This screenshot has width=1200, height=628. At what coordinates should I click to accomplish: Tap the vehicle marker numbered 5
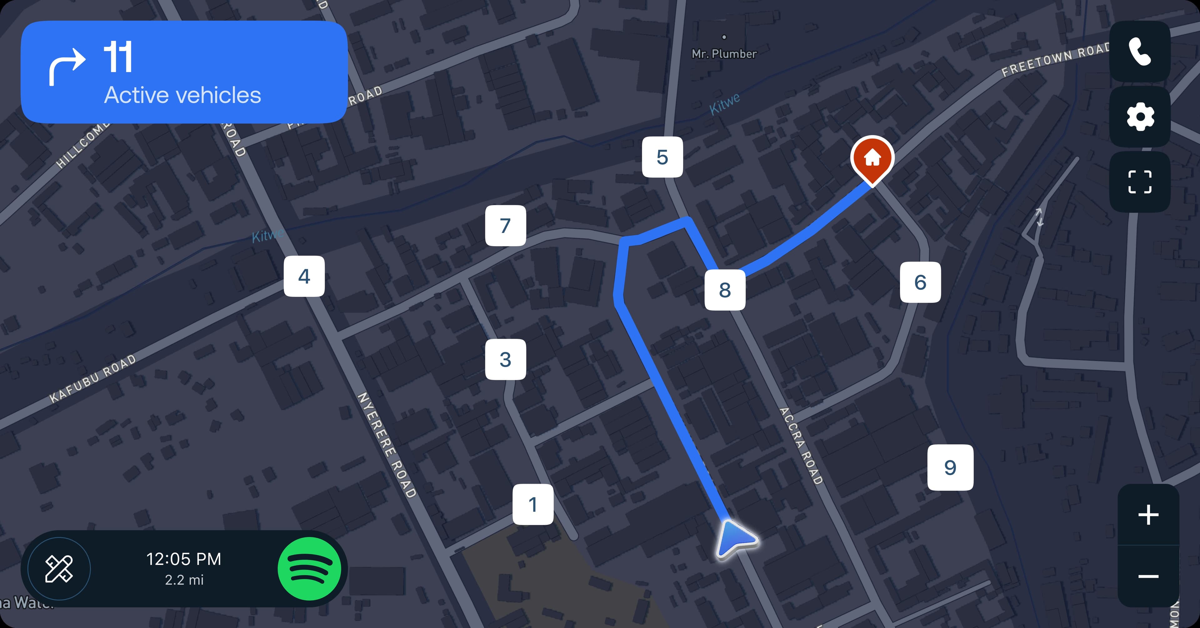[x=662, y=157]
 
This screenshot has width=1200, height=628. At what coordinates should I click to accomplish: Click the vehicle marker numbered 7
[x=505, y=226]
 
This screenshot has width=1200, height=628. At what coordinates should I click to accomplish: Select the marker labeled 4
[x=304, y=276]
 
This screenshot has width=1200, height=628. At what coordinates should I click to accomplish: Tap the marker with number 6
[x=920, y=282]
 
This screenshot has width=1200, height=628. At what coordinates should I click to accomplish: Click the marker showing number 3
[x=505, y=359]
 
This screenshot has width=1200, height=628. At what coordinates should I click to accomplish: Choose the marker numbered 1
[x=533, y=504]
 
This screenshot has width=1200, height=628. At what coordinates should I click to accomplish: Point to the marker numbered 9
[x=950, y=467]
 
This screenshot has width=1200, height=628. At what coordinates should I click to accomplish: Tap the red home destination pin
[x=872, y=159]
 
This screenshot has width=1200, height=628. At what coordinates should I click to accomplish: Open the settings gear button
[x=1140, y=117]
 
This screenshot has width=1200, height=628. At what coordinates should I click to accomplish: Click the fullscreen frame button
[x=1140, y=182]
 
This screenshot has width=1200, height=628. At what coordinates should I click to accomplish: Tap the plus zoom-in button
[x=1148, y=515]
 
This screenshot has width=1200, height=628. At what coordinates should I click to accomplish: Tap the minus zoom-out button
[x=1148, y=576]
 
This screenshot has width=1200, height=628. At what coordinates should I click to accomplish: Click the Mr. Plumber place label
[x=724, y=53]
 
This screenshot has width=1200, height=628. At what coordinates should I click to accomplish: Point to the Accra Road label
[x=801, y=446]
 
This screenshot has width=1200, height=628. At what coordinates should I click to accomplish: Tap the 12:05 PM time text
[x=183, y=559]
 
